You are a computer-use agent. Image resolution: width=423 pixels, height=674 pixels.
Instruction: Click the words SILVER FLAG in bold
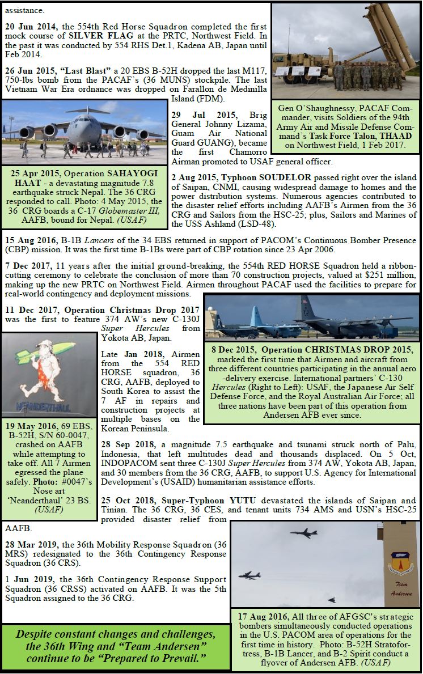click(x=94, y=36)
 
